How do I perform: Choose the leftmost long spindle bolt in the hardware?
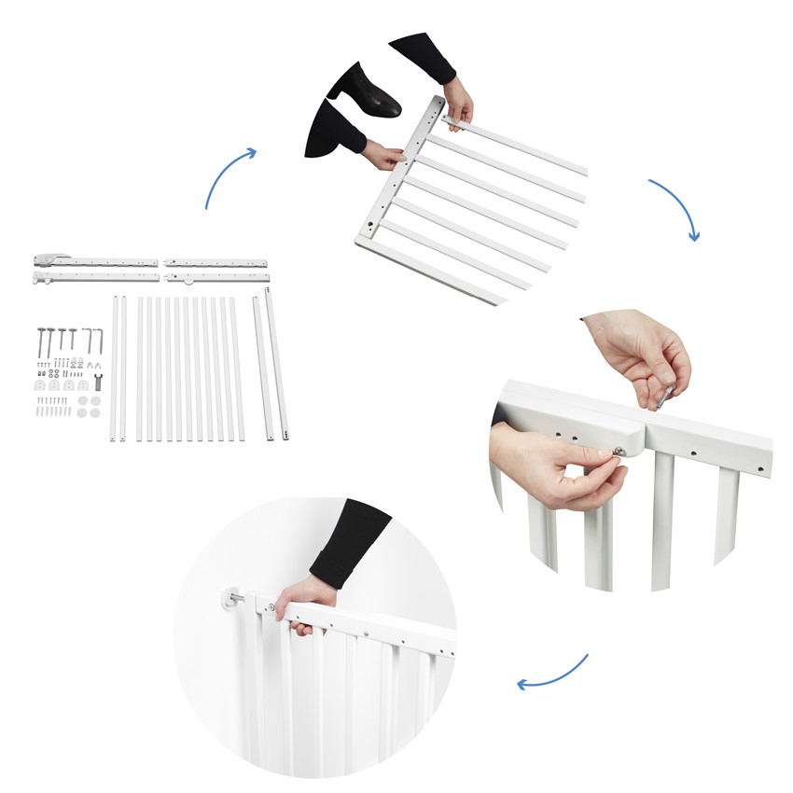(x=42, y=341)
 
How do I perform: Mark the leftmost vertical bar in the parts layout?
(x=115, y=369)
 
